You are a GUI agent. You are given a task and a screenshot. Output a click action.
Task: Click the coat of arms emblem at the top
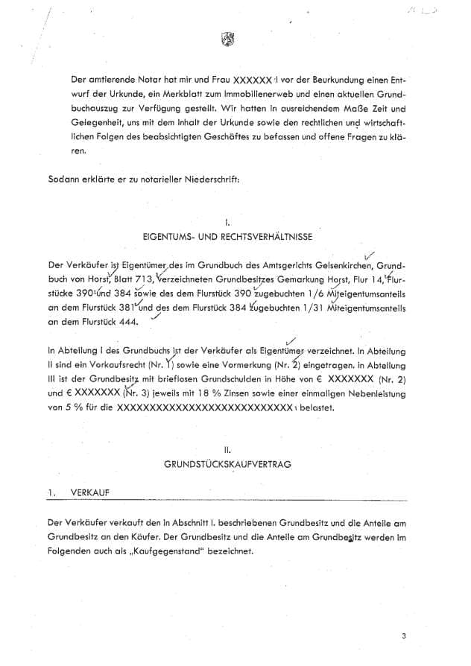228,41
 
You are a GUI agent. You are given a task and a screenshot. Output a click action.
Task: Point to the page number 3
403,635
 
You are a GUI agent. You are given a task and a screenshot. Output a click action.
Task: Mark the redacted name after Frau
253,79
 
